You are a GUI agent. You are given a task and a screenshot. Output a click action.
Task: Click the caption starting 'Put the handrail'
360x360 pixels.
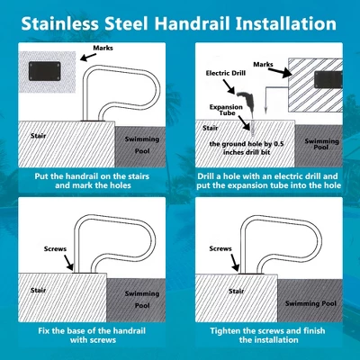point(91,176)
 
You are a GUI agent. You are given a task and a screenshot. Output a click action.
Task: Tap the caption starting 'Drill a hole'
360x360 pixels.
point(267,176)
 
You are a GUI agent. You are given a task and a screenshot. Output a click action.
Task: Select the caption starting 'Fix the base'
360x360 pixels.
point(91,337)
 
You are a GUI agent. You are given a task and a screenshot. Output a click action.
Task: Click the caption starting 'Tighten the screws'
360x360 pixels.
point(267,337)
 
